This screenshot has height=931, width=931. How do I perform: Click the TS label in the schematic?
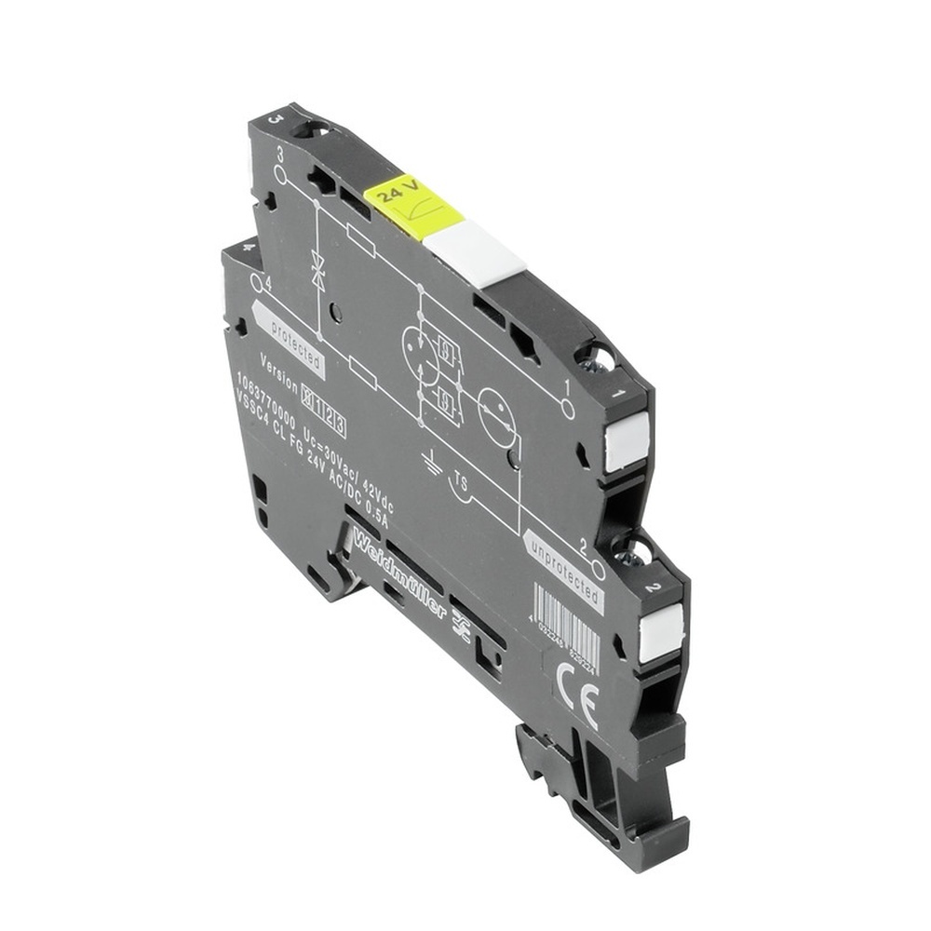459,481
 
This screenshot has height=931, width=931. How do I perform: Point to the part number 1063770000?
264,398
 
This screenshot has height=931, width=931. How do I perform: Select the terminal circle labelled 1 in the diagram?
567,410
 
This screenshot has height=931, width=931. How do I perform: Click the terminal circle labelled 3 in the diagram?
279,173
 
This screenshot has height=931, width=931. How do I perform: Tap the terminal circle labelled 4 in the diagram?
257,278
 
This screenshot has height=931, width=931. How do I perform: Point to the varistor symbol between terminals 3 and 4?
317,271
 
